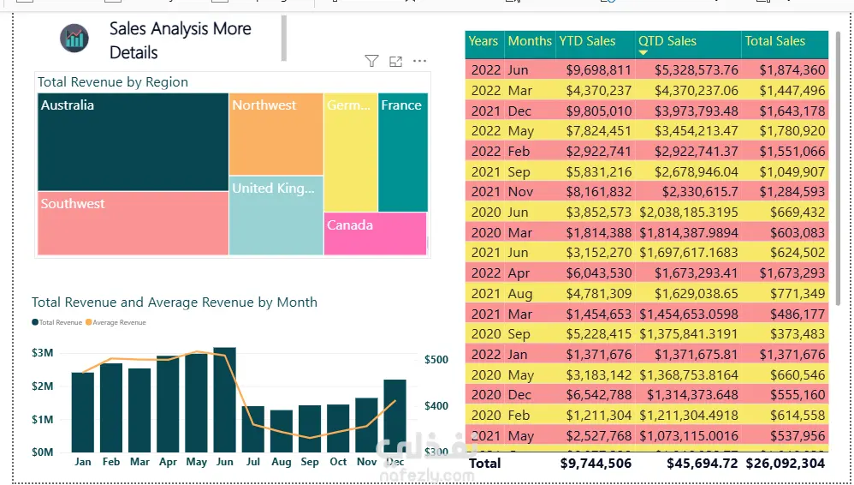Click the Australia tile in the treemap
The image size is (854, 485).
click(133, 141)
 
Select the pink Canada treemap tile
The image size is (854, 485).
click(375, 233)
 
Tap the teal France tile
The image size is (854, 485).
click(402, 152)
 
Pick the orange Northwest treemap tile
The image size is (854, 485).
click(276, 134)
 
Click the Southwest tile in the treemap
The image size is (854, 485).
click(133, 223)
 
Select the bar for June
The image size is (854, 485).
click(224, 399)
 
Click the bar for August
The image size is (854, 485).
click(282, 431)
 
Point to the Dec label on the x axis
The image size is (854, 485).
click(395, 462)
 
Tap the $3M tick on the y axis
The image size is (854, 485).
click(43, 353)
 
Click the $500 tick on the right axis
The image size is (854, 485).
click(436, 360)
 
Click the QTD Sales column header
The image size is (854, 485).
click(667, 41)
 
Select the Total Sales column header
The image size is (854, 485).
click(774, 41)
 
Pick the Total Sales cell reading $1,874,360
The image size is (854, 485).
click(792, 70)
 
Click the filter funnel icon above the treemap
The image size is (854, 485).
click(371, 61)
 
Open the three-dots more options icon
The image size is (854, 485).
click(419, 61)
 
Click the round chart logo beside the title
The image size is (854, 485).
click(74, 38)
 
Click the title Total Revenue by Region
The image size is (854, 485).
click(113, 82)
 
